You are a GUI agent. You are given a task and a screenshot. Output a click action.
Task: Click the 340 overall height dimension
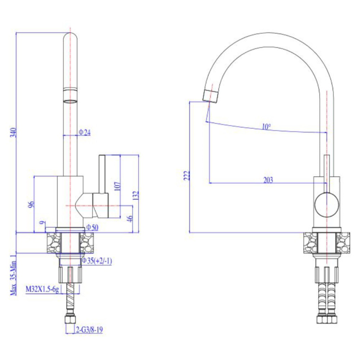(x=14, y=133)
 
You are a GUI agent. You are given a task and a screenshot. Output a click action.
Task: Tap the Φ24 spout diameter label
(x=84, y=132)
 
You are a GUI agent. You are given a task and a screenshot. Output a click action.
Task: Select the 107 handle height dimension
(x=117, y=186)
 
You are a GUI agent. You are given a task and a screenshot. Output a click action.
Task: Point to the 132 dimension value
(x=136, y=195)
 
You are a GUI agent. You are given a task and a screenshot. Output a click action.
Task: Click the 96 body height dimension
(x=31, y=204)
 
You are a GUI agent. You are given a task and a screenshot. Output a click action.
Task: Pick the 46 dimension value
(x=130, y=218)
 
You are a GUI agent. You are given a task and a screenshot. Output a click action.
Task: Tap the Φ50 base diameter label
(x=92, y=228)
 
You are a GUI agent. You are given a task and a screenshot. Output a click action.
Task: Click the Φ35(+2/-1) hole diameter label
(x=97, y=261)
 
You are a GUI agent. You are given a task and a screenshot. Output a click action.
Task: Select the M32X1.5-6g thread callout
(x=42, y=289)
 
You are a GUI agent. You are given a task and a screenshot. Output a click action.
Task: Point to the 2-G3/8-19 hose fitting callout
(x=89, y=330)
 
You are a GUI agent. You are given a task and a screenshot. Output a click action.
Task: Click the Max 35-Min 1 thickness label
(x=13, y=274)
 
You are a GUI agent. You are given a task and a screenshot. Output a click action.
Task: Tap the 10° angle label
(x=266, y=126)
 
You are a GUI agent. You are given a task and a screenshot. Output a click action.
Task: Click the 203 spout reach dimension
(x=268, y=180)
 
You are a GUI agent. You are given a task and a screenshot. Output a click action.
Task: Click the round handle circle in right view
(x=326, y=205)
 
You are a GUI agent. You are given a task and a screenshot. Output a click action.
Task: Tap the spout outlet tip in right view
(x=210, y=96)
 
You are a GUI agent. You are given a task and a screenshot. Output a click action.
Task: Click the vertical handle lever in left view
(x=102, y=174)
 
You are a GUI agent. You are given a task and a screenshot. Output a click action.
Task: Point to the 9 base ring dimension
(x=42, y=223)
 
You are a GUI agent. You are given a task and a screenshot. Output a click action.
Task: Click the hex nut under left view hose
(x=70, y=320)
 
